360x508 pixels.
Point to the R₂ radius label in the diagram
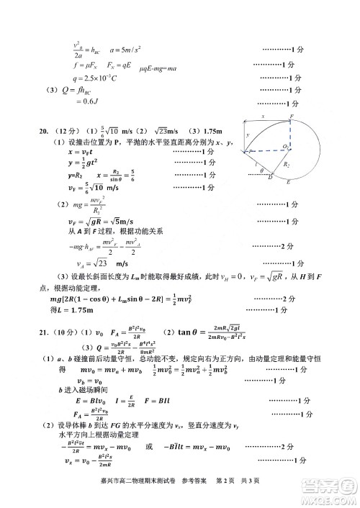(x=286, y=164)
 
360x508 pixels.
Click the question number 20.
(x=44, y=132)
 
